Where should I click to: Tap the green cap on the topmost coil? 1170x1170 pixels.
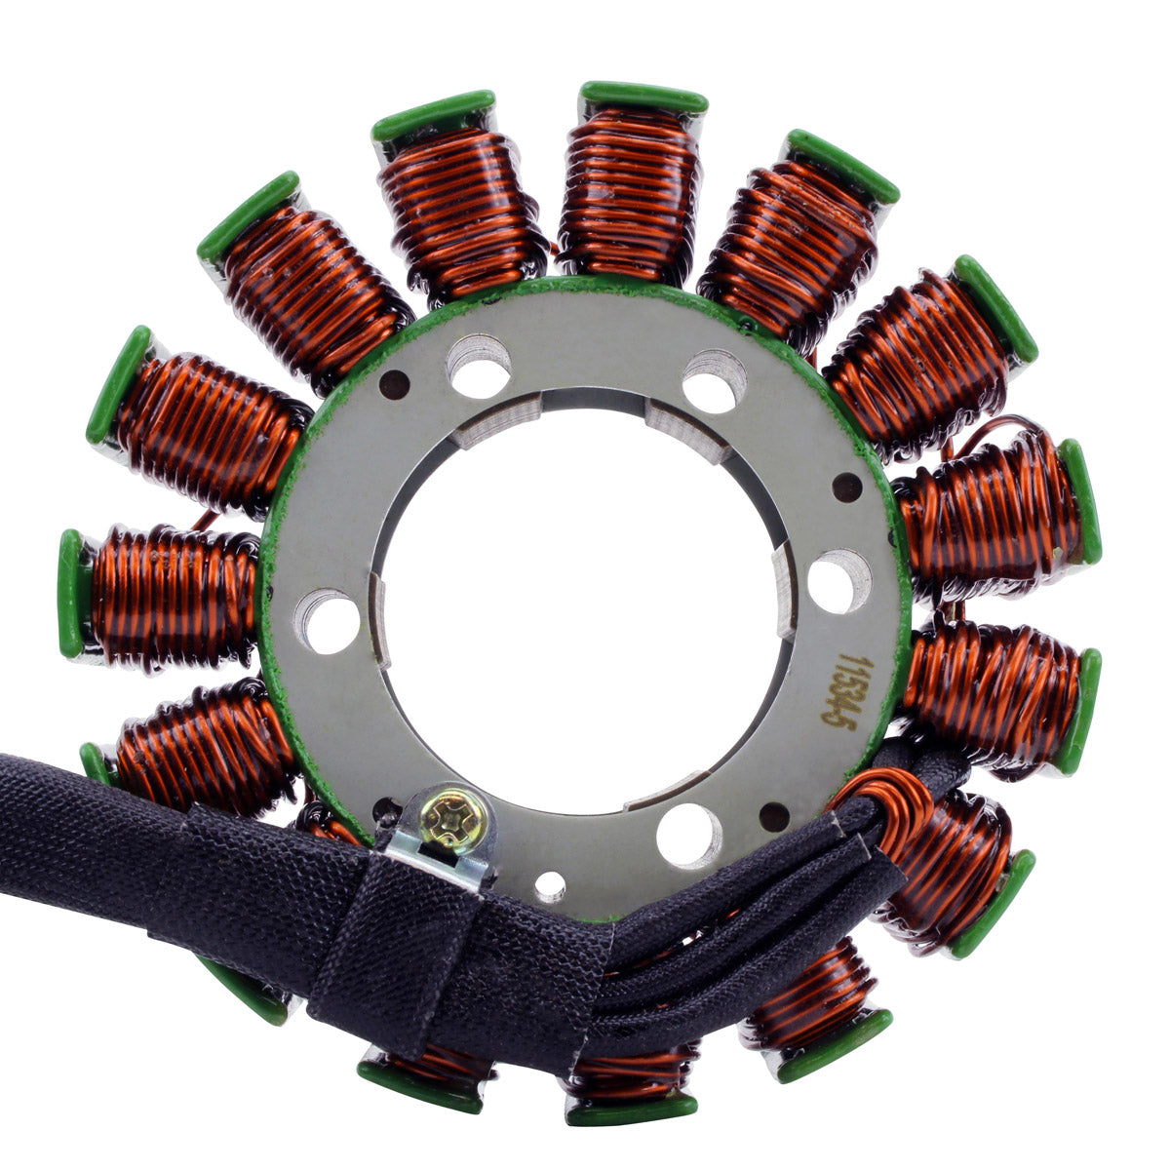(x=643, y=97)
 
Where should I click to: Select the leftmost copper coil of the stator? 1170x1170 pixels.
(x=171, y=596)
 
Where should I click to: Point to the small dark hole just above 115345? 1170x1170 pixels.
(x=847, y=486)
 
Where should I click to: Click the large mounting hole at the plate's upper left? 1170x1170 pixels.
(x=478, y=366)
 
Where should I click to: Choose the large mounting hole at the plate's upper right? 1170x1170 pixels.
(x=714, y=380)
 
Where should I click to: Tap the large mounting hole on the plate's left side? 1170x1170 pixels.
(x=328, y=621)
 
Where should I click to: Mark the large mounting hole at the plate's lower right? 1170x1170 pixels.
(x=688, y=835)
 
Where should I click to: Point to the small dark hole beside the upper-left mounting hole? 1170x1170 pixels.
(x=395, y=380)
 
